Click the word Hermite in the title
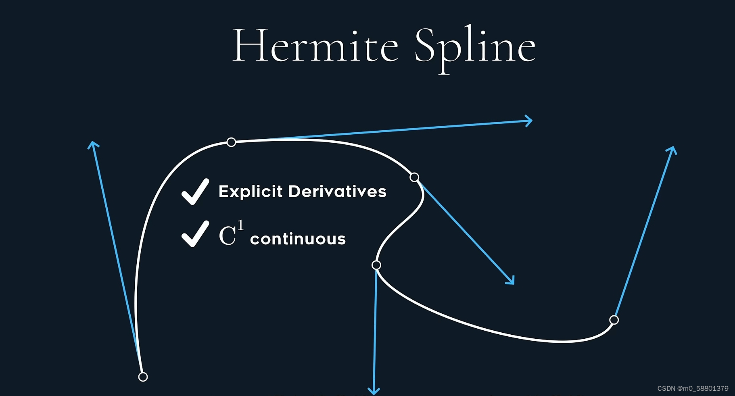pos(315,46)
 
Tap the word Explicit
pos(250,192)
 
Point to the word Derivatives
pos(337,192)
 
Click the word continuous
pos(298,239)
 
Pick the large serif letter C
pos(227,236)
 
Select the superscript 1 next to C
pos(240,225)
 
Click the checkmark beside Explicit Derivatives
pos(195,192)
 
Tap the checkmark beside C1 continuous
pos(195,234)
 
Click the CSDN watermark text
pos(693,388)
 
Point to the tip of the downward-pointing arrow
pos(374,392)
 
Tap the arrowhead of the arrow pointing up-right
pos(672,150)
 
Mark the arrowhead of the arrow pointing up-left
pos(93,144)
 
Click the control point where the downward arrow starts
pos(376,265)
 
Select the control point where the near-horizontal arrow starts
pos(231,142)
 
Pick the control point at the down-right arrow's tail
pos(414,177)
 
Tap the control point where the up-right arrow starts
pos(614,320)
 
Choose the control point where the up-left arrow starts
pos(143,377)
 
